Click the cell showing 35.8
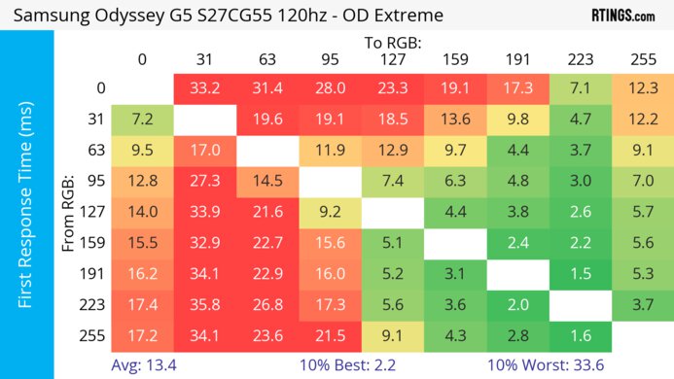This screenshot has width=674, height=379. point(204,305)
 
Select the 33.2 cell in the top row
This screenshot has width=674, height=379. point(204,88)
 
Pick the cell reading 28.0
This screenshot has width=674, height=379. point(330,88)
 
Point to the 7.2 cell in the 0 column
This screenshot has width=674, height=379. point(142,120)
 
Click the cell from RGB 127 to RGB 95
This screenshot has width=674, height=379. point(330,212)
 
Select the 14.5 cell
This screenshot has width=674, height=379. point(267,181)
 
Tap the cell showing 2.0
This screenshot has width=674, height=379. point(517,305)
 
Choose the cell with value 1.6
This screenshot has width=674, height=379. point(581,336)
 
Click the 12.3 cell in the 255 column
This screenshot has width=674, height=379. point(643,88)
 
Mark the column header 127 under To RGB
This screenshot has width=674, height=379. point(393,59)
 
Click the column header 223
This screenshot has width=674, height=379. point(581,59)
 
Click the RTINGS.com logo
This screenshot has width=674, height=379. point(622,17)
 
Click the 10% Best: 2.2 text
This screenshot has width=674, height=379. point(391,364)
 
